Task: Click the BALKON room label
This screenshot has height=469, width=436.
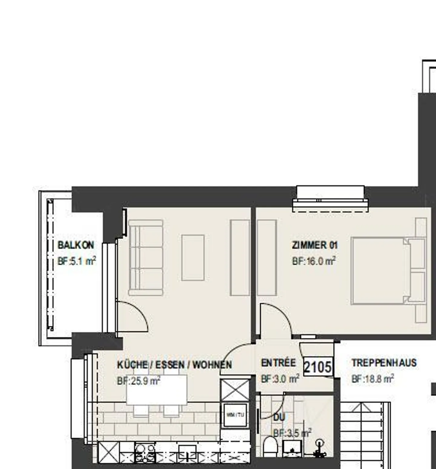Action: point(76,245)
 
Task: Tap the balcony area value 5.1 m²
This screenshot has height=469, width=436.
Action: point(77,261)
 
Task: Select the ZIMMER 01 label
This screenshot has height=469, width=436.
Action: point(315,245)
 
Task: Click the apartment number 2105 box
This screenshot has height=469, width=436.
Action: point(318,367)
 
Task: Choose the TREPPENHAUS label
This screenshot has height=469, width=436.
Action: point(384,362)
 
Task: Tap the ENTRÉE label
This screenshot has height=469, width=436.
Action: point(278,362)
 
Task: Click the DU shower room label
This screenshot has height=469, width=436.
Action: point(279,417)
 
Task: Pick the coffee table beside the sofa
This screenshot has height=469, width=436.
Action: point(193,257)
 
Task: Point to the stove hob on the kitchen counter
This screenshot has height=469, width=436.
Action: point(145,452)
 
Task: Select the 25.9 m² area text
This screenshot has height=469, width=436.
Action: point(139,381)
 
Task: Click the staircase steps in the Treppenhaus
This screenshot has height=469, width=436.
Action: point(363,436)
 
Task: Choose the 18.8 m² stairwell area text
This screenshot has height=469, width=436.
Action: point(373,379)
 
